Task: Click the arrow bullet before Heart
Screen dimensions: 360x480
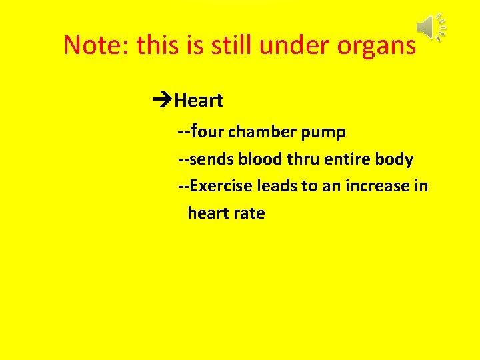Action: point(161,101)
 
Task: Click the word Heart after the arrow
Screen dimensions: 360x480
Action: point(199,101)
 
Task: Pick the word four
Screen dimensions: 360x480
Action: point(208,131)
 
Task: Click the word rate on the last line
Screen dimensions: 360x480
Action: point(249,213)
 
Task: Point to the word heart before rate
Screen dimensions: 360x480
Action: point(207,213)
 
